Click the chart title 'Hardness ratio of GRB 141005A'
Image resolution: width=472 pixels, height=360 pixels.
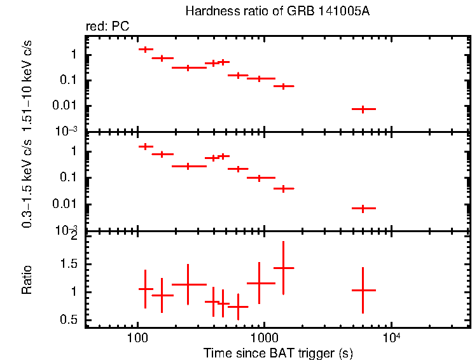tap(277, 11)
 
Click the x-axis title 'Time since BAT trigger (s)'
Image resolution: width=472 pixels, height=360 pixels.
tap(278, 352)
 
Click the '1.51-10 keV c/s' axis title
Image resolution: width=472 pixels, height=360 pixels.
tap(27, 83)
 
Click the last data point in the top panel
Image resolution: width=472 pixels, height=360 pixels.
tap(363, 109)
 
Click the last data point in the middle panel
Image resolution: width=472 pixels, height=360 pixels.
tap(363, 208)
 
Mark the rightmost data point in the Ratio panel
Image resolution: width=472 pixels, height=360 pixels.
tap(363, 290)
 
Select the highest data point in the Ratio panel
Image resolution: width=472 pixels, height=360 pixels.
tap(283, 268)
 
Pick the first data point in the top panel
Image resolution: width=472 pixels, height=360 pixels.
tap(146, 49)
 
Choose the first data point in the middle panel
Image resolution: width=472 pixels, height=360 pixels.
tap(146, 146)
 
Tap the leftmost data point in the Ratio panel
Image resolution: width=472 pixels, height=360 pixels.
tap(146, 289)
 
